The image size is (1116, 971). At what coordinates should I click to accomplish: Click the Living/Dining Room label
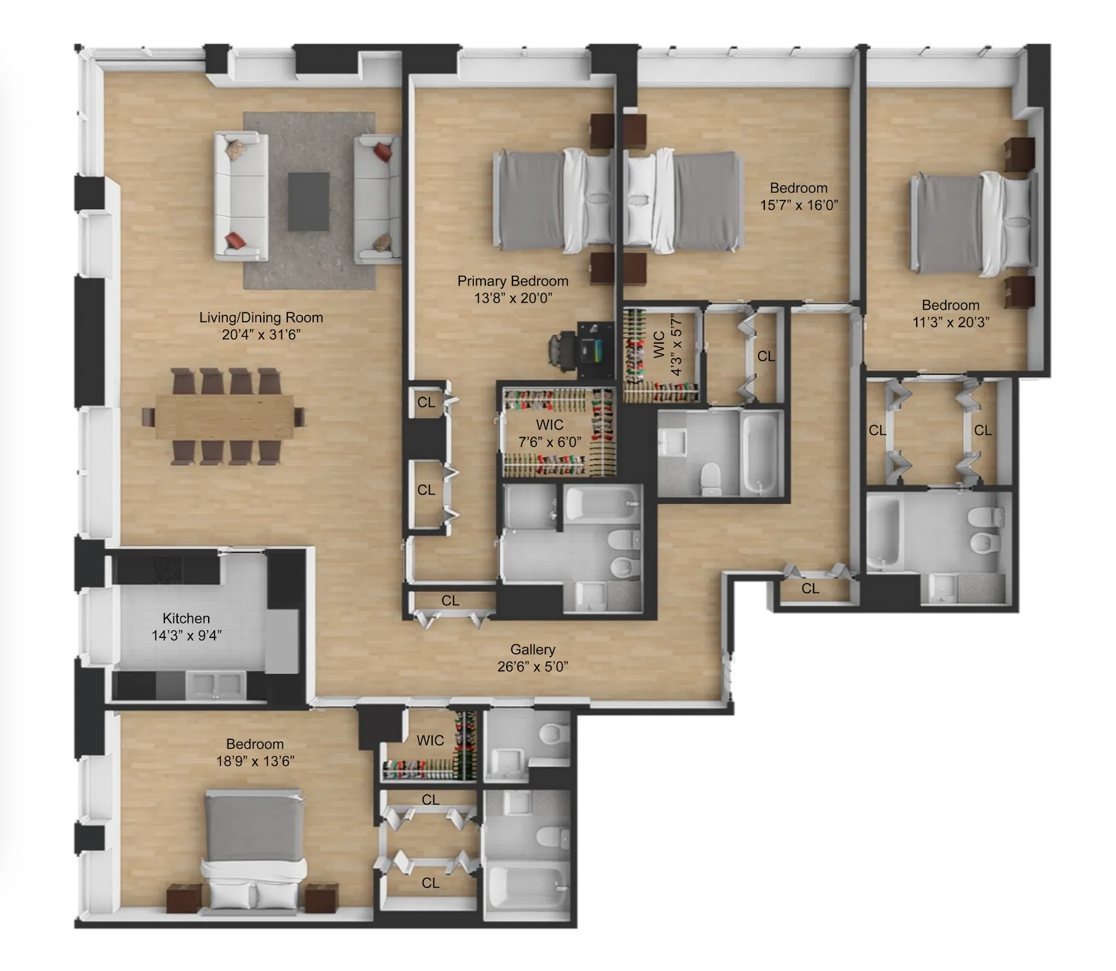(261, 318)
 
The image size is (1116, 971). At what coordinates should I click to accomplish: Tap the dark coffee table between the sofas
(308, 201)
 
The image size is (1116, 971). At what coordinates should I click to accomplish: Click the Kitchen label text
(186, 618)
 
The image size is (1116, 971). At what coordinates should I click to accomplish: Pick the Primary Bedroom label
(512, 281)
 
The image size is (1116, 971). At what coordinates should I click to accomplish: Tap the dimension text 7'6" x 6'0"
(549, 442)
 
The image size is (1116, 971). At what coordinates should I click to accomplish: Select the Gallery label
(533, 649)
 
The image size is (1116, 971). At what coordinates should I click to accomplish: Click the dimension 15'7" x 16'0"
(798, 205)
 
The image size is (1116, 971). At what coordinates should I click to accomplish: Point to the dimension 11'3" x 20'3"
(950, 322)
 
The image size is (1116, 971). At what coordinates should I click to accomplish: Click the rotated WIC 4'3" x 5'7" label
(667, 345)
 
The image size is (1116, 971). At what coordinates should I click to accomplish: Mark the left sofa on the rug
(240, 196)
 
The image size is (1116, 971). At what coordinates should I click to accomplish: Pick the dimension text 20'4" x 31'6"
(261, 335)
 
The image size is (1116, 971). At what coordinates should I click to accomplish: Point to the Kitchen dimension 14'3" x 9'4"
(186, 636)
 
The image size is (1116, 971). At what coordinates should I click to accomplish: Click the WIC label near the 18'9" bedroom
(430, 740)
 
